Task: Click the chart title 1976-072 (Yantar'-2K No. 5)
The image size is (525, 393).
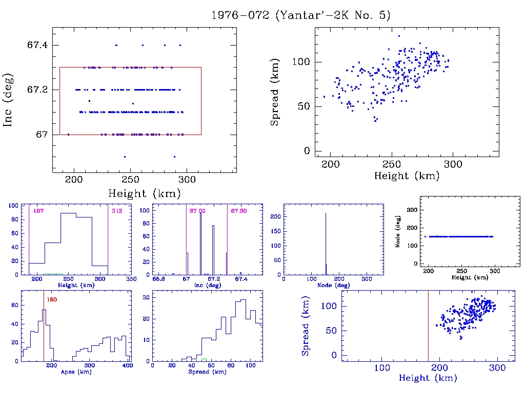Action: pos(301,15)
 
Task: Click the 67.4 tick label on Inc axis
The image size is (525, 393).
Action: pos(37,45)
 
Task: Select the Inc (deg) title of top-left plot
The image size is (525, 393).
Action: pos(8,100)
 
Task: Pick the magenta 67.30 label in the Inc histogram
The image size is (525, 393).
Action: pos(239,211)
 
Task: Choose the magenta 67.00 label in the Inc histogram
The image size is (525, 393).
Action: pos(197,211)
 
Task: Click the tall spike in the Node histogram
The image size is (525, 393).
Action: pos(326,241)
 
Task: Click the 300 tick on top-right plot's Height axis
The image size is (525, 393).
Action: pos(453,164)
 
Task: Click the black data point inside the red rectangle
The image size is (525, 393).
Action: pos(89,101)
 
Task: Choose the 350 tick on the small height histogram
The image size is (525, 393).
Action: pos(131,279)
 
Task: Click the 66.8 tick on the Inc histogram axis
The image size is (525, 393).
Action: pos(159,279)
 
